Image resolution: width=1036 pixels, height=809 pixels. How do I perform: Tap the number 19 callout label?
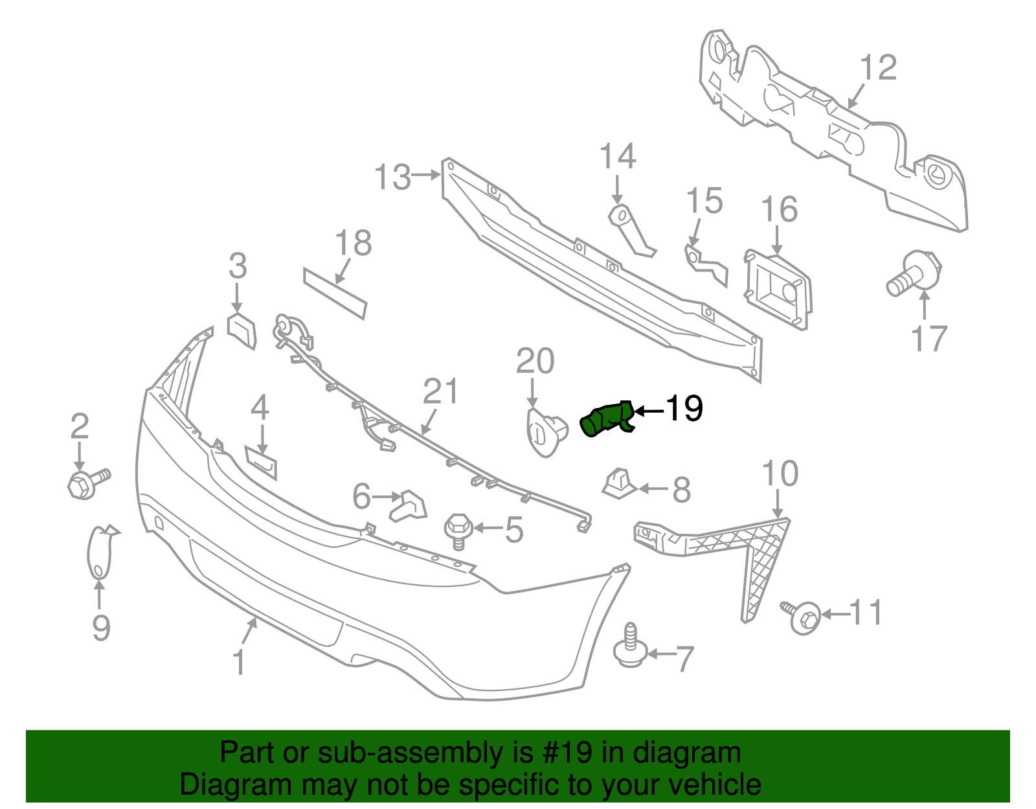tap(684, 409)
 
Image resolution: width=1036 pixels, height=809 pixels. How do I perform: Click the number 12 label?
tap(878, 68)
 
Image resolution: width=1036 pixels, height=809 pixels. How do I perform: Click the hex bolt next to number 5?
tap(458, 529)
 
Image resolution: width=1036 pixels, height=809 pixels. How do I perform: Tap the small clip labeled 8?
tap(618, 483)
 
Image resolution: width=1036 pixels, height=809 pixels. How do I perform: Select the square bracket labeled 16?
tap(777, 289)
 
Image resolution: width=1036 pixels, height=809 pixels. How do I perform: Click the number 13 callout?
tap(392, 177)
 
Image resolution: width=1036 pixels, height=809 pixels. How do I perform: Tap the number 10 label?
tap(780, 474)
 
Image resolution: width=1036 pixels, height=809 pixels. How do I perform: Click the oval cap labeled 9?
tap(99, 552)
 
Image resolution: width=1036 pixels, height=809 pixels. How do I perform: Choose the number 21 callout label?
tap(440, 393)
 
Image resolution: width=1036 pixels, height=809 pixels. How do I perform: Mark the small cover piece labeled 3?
tap(241, 330)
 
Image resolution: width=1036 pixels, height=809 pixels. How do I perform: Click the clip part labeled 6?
tap(409, 505)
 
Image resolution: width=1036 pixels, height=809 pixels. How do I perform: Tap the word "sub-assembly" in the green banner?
tap(409, 753)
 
